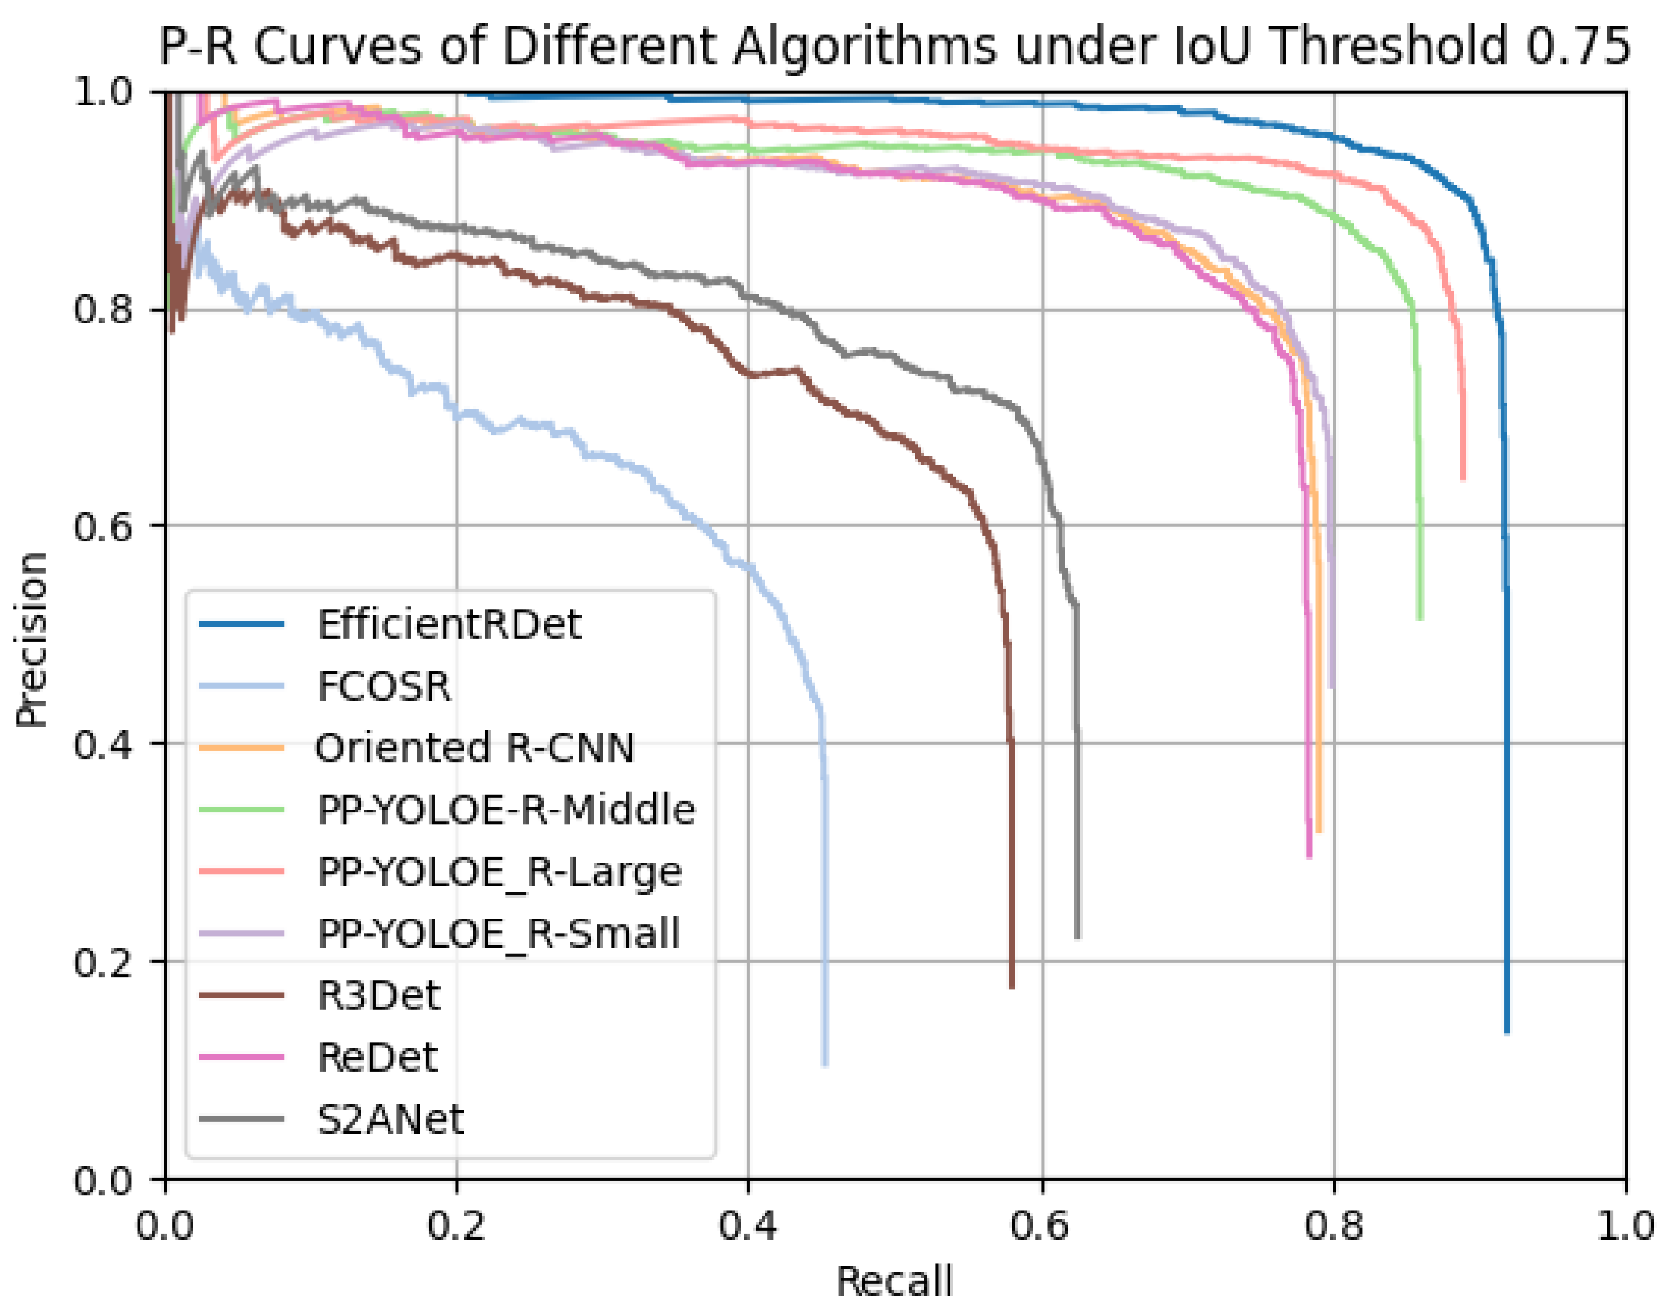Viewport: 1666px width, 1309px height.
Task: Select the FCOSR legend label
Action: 384,686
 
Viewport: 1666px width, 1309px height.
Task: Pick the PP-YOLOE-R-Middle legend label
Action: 506,810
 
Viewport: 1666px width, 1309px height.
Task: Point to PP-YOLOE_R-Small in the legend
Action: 499,934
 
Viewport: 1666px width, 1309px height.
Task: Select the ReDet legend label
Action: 377,1058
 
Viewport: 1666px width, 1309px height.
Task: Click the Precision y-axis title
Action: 32,639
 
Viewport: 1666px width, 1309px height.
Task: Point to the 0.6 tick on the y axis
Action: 108,526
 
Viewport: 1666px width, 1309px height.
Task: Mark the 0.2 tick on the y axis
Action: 108,963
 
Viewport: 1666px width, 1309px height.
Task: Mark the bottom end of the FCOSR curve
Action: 825,1064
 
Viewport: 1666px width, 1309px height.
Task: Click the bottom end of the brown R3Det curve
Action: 1012,986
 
